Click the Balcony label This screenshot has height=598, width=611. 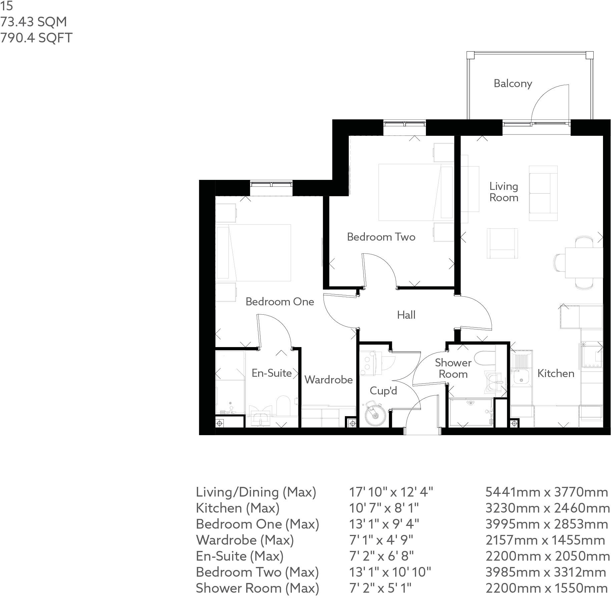[513, 83]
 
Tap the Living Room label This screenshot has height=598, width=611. [504, 192]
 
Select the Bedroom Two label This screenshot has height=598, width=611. [381, 237]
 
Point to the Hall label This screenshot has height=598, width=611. [406, 315]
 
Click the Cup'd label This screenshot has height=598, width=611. [383, 390]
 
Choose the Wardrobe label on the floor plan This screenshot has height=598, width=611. [329, 379]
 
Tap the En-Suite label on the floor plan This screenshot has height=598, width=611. [271, 373]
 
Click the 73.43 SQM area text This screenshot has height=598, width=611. [33, 22]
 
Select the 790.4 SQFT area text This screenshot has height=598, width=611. [36, 38]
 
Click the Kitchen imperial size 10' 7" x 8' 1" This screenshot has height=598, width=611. [384, 508]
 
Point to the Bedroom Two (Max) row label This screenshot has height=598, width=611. [257, 572]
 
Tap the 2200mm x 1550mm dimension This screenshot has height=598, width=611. [547, 588]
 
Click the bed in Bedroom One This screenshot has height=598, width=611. [254, 253]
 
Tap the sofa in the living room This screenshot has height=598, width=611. [543, 193]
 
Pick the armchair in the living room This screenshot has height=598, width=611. [502, 243]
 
